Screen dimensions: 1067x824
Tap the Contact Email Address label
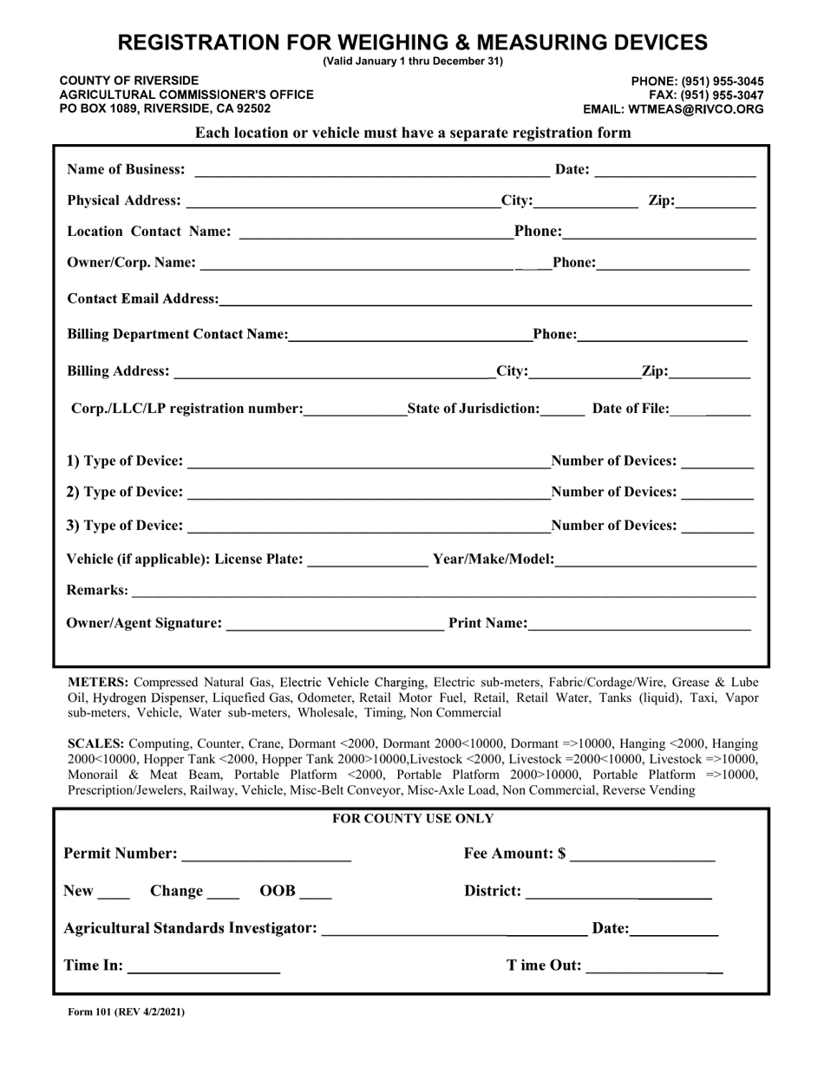(142, 299)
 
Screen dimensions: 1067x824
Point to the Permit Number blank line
(266, 855)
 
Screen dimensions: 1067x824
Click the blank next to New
(114, 893)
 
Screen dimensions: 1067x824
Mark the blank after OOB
(317, 893)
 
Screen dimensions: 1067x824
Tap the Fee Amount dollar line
(643, 855)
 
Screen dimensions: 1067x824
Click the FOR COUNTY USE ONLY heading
(413, 819)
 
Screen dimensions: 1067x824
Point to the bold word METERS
(99, 682)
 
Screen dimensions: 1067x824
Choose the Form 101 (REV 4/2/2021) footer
(126, 1011)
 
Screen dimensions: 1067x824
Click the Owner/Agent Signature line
(335, 625)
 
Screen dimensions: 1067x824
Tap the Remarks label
(97, 591)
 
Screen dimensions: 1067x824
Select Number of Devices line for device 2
(717, 494)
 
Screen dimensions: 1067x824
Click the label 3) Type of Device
(125, 526)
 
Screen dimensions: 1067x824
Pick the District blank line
(618, 893)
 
